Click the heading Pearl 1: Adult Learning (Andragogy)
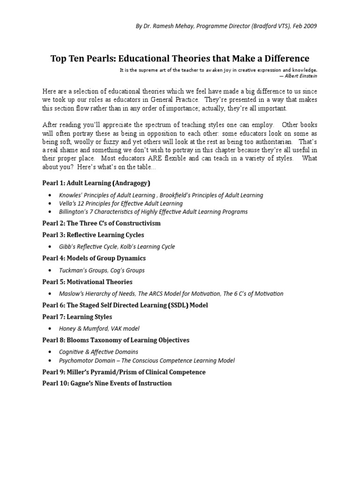[x=97, y=183]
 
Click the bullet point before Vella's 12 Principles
[x=51, y=204]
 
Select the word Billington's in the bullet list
[x=76, y=212]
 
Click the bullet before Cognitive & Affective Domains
[x=51, y=352]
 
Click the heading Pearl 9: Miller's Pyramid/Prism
[x=124, y=372]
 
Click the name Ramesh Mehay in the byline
[x=170, y=26]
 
